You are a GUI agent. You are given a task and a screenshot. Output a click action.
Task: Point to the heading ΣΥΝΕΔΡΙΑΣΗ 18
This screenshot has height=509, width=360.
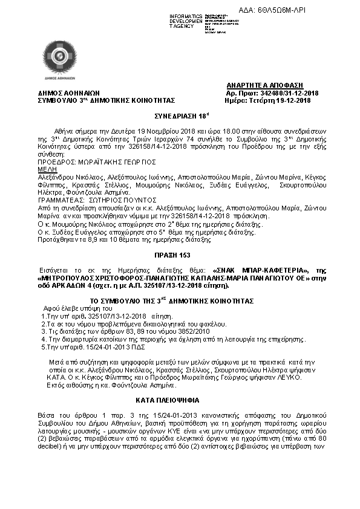click(180, 114)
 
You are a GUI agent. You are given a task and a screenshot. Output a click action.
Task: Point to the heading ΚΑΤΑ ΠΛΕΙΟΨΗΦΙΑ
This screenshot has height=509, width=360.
click(180, 401)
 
